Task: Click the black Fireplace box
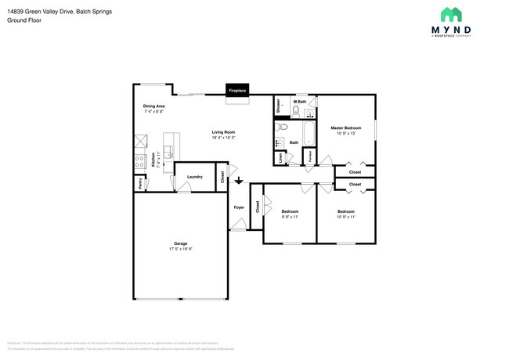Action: (x=237, y=91)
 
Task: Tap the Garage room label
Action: (x=180, y=244)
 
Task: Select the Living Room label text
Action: (x=223, y=132)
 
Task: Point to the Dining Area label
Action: (x=153, y=106)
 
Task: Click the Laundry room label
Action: (x=195, y=177)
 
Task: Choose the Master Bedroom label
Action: (x=345, y=128)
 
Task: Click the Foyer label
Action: (x=239, y=207)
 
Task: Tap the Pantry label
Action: (x=140, y=183)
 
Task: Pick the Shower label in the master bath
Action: (x=278, y=107)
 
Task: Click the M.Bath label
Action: (x=299, y=102)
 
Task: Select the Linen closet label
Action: (x=280, y=157)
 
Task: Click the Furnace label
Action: (x=311, y=157)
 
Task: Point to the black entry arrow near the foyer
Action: (x=239, y=185)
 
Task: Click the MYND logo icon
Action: (x=450, y=14)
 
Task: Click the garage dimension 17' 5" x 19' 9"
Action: (x=180, y=250)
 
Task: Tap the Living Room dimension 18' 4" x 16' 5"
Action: (x=223, y=138)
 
